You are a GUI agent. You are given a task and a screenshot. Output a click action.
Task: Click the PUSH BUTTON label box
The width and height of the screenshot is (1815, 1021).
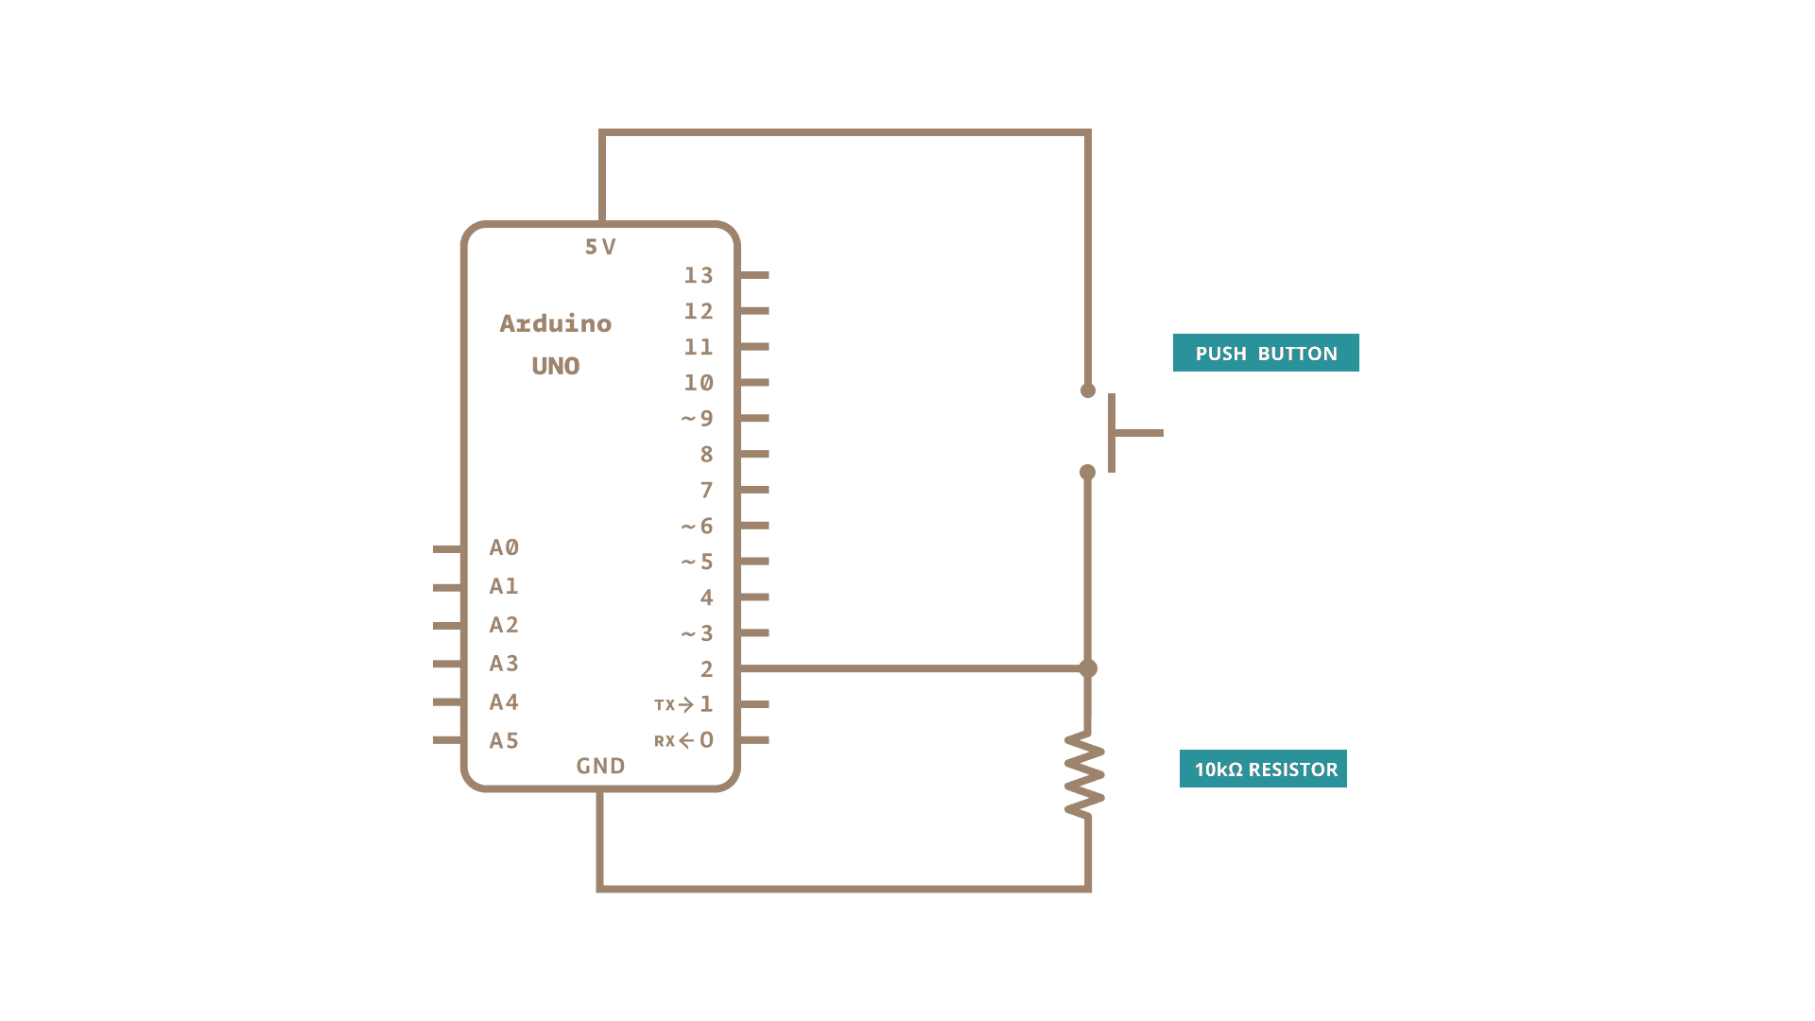click(x=1266, y=353)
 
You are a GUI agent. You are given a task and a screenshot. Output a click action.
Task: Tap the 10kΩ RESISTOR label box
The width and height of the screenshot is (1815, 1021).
click(x=1263, y=769)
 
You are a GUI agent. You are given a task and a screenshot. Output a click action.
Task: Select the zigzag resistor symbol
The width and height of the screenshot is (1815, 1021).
click(x=1085, y=774)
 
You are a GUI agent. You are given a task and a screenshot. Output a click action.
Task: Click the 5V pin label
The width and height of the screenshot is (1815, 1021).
click(x=600, y=247)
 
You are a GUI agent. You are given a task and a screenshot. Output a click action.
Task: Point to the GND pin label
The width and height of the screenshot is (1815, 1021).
click(x=601, y=766)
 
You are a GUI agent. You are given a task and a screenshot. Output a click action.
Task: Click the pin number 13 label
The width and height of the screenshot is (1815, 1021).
click(x=699, y=275)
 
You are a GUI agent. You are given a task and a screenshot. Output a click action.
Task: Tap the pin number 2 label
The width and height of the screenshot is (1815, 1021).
click(x=706, y=669)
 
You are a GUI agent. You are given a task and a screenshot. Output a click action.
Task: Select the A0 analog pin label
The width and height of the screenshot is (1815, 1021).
click(x=504, y=547)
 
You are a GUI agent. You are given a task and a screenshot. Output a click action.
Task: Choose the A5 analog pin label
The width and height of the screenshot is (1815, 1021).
click(x=504, y=741)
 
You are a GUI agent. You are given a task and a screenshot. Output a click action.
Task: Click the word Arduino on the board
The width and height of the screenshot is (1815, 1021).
click(x=556, y=323)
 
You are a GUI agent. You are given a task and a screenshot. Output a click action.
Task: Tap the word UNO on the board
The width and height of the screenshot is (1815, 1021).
click(x=556, y=366)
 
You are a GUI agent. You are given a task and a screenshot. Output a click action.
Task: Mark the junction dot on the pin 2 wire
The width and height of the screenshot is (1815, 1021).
click(x=1088, y=668)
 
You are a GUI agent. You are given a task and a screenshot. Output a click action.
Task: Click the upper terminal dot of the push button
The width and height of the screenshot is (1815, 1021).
click(x=1088, y=390)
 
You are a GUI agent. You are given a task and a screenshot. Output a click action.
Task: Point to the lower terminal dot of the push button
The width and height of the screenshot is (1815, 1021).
click(x=1088, y=472)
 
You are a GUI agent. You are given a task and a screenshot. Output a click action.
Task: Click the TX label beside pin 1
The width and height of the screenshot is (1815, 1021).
click(x=665, y=705)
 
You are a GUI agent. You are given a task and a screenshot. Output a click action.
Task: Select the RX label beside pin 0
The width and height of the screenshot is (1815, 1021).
click(x=665, y=741)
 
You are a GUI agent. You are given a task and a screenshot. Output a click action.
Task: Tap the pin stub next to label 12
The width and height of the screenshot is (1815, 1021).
click(x=754, y=311)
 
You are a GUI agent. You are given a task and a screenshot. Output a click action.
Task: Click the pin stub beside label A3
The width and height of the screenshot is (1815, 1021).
click(x=447, y=664)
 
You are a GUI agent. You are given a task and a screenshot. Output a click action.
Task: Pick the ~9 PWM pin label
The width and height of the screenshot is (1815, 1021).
click(x=698, y=419)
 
